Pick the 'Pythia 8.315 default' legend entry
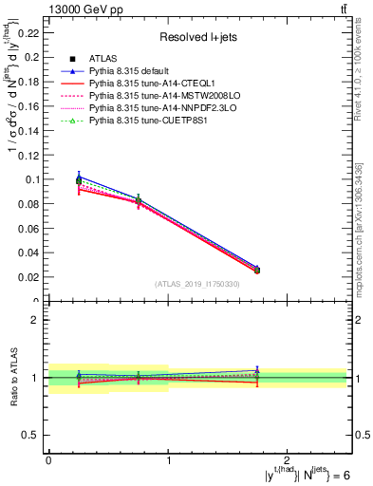coord(136,71)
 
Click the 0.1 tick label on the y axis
coord(32,178)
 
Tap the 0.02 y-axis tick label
coord(29,277)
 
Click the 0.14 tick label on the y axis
coord(29,129)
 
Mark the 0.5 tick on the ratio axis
coord(32,435)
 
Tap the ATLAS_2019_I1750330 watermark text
coord(196,284)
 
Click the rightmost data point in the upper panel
coord(256,271)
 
